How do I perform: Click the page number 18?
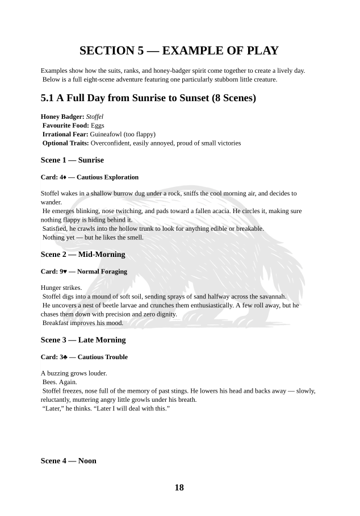pyautogui.click(x=179, y=488)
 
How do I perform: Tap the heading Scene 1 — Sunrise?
pyautogui.click(x=72, y=160)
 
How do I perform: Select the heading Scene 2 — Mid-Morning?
pyautogui.click(x=83, y=254)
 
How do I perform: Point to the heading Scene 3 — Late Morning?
pyautogui.click(x=83, y=340)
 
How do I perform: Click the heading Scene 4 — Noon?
pyautogui.click(x=68, y=461)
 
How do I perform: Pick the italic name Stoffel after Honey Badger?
pyautogui.click(x=94, y=116)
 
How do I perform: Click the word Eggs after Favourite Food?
pyautogui.click(x=97, y=125)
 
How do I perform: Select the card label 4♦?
pyautogui.click(x=63, y=177)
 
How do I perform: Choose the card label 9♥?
pyautogui.click(x=63, y=272)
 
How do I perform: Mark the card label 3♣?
pyautogui.click(x=63, y=357)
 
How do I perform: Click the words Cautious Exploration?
pyautogui.click(x=107, y=177)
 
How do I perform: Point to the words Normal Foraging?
pyautogui.click(x=102, y=272)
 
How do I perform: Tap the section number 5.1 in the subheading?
pyautogui.click(x=49, y=98)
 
